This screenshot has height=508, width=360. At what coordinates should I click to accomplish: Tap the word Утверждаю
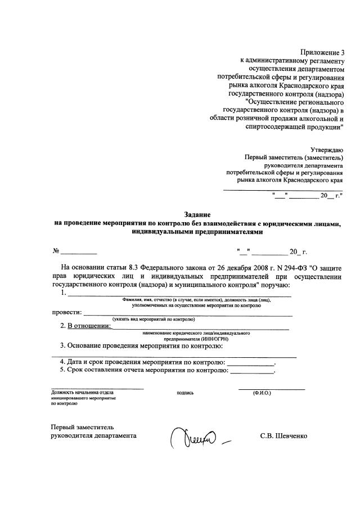[327, 150]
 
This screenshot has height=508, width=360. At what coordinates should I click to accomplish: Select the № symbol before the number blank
[56, 251]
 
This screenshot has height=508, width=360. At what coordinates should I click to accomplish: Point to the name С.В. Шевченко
[284, 436]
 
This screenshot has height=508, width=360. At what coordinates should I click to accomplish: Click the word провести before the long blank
[66, 312]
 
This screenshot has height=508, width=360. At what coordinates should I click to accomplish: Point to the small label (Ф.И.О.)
[263, 393]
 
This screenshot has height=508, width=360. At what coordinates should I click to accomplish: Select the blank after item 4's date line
[251, 362]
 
